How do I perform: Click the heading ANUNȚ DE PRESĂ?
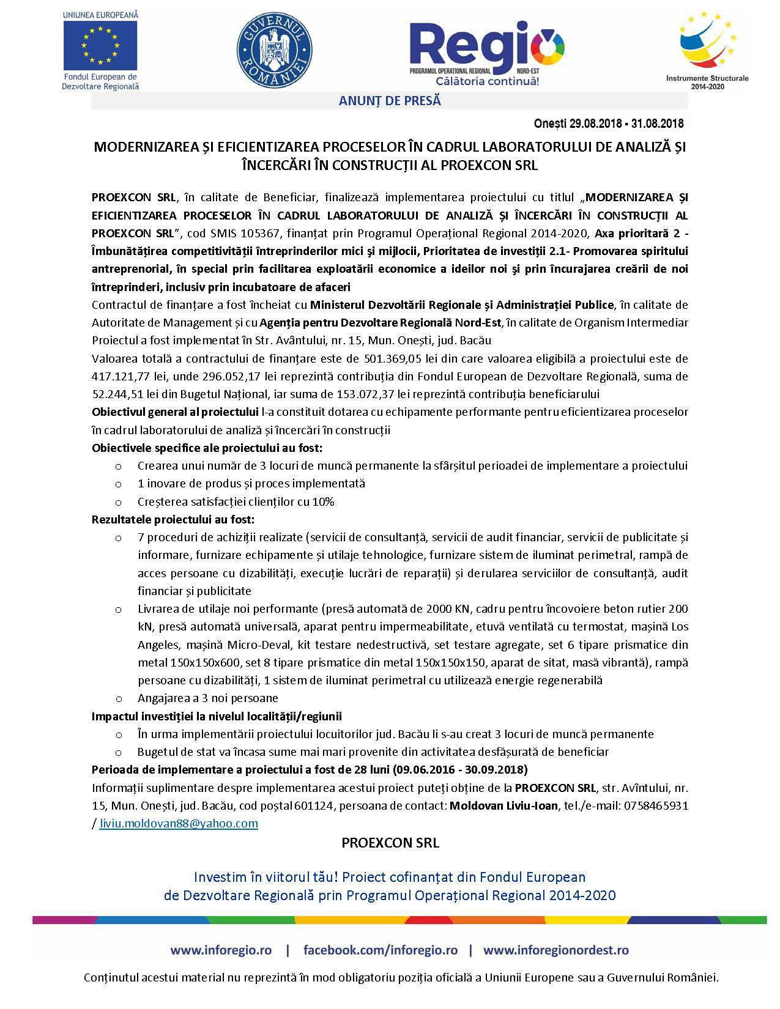point(390,101)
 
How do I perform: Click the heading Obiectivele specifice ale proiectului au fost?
point(207,448)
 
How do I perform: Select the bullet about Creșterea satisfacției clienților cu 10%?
point(236,501)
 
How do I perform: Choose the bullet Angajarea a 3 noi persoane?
point(207,698)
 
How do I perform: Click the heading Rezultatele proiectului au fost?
point(173,519)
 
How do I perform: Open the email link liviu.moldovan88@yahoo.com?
point(179,823)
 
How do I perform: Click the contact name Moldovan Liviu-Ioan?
point(503,805)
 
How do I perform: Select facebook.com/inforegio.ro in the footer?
point(380,950)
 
